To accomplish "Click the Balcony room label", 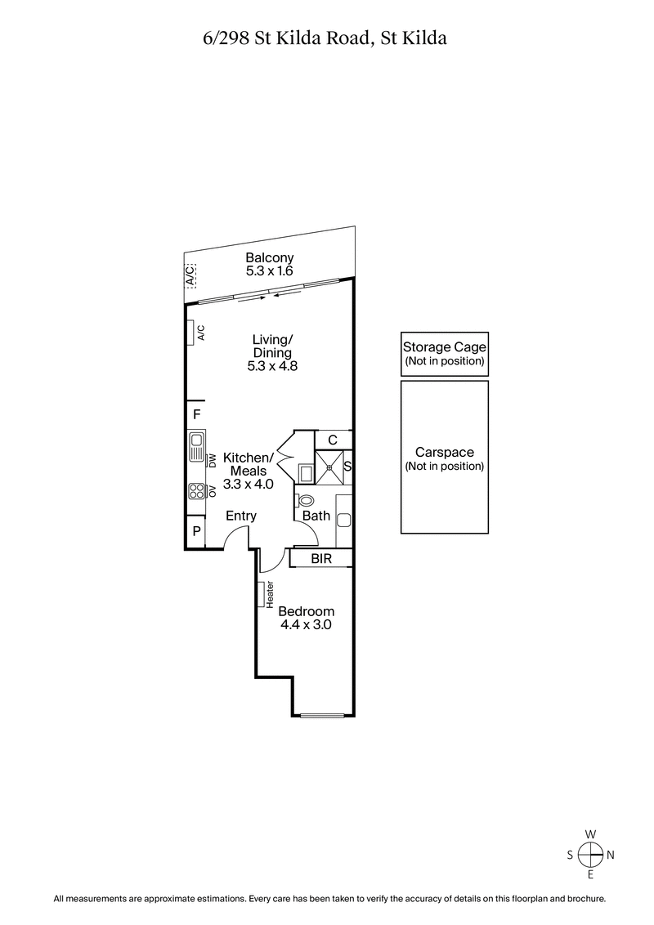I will tap(269, 258).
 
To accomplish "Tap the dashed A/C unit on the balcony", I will tap(190, 275).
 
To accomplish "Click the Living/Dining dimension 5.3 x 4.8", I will tap(271, 367).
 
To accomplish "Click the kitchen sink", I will tap(196, 447).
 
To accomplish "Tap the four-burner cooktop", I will tap(196, 491).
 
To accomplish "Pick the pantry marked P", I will tap(196, 532).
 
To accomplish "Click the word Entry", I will tap(240, 516).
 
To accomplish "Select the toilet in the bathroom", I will tap(306, 500).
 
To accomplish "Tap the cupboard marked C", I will tap(333, 440).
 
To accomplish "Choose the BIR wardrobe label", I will tap(321, 559).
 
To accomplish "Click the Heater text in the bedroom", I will tap(269, 594).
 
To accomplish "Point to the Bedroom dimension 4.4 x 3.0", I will tap(306, 625).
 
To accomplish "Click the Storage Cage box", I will tap(444, 354).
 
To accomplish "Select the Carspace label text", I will tap(444, 452).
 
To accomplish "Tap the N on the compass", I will tap(610, 855).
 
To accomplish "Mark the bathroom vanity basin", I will tap(343, 519).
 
